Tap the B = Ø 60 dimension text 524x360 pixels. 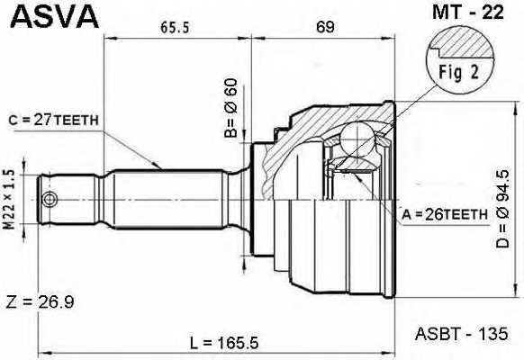coord(230,109)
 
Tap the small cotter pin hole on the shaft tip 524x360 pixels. coord(50,198)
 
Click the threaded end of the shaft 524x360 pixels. coord(68,198)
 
